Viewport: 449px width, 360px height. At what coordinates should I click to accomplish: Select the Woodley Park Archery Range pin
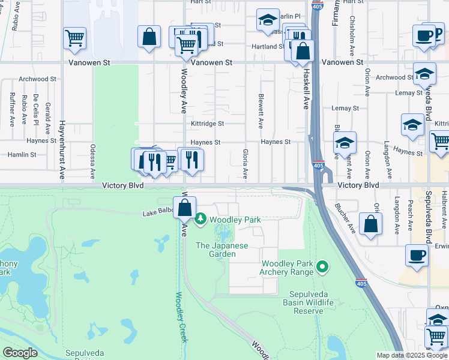point(323,265)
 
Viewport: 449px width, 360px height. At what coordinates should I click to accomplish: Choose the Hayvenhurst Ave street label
point(61,149)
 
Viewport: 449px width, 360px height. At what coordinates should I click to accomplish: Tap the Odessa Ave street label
point(92,161)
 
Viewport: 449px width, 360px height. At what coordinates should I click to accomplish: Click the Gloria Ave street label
point(245,163)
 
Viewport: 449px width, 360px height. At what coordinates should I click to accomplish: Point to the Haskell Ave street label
point(305,89)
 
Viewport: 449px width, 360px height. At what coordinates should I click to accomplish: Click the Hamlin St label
point(22,154)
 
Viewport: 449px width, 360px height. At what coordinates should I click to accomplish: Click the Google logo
point(20,353)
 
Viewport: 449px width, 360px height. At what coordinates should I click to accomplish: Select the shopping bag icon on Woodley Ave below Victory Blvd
point(185,209)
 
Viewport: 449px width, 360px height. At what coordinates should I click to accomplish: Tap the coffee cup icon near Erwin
point(417,256)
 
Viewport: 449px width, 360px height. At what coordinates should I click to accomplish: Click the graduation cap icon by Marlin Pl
point(268,20)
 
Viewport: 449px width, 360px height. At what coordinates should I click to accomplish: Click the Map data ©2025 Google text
point(411,355)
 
